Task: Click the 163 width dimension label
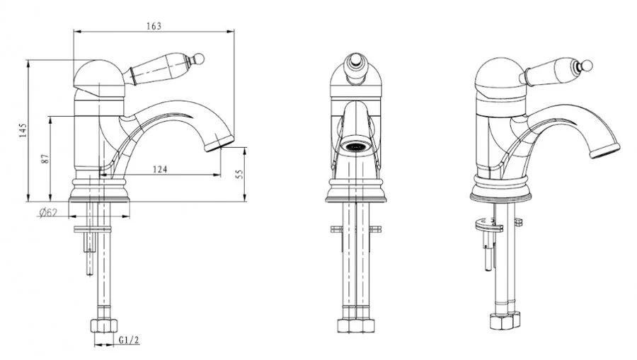point(154,26)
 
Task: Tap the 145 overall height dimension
point(23,130)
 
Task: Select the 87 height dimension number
point(45,158)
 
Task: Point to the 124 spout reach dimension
point(160,169)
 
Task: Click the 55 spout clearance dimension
point(240,174)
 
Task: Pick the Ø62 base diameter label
point(48,212)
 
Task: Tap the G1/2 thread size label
point(130,340)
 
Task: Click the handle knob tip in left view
point(198,59)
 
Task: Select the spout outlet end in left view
point(219,144)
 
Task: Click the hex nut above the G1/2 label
point(103,325)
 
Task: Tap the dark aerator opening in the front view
point(355,146)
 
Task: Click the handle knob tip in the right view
point(587,66)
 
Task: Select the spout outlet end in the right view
point(605,151)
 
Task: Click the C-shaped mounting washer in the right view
point(488,225)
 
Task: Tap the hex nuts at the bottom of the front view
point(355,325)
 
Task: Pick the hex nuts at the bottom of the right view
point(505,320)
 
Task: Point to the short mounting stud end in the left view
point(90,263)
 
